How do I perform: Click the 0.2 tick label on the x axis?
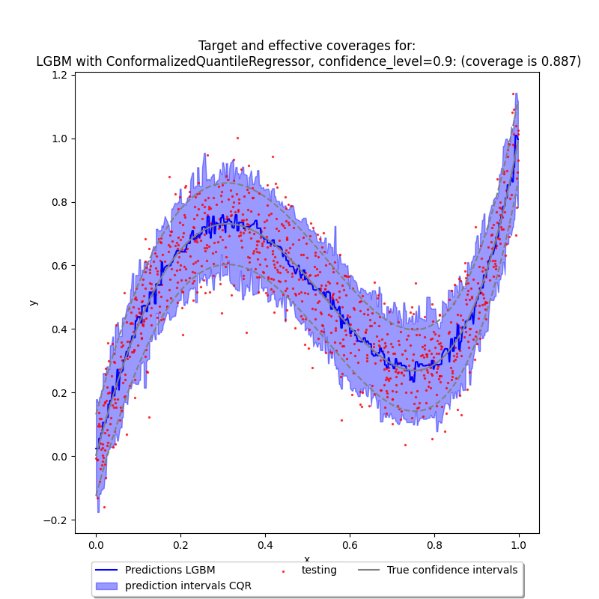click(x=180, y=546)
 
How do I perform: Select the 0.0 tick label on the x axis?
click(x=96, y=546)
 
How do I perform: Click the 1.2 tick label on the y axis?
click(x=60, y=76)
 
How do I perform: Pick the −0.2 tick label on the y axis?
click(x=56, y=520)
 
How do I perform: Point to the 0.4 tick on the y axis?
click(x=75, y=329)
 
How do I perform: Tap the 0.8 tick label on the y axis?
click(x=60, y=202)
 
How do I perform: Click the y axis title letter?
click(x=32, y=302)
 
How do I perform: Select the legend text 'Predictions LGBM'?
click(x=170, y=570)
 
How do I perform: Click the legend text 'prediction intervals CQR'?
click(x=188, y=586)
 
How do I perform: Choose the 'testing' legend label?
click(x=319, y=570)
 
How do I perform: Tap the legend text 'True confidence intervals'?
click(x=452, y=570)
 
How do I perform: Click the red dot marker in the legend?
click(x=284, y=571)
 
